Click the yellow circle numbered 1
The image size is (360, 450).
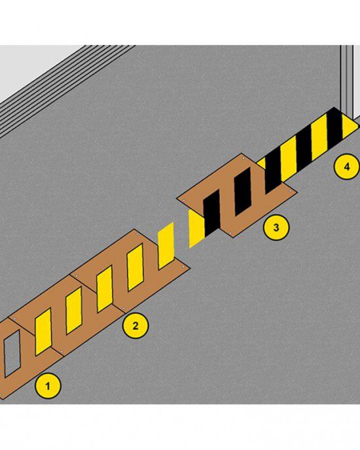point(48,385)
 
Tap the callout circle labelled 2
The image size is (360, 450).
point(135,326)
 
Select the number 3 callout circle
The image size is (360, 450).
point(276,228)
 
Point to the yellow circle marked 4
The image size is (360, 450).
point(346,166)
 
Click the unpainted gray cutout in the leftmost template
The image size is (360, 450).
point(12,353)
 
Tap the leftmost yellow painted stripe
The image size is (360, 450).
point(43,332)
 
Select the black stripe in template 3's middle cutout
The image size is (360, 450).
point(243,192)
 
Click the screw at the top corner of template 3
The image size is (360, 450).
point(243,158)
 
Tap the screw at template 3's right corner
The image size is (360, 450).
point(290,190)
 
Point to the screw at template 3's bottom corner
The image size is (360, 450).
point(230,233)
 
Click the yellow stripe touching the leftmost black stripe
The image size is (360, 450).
point(197,228)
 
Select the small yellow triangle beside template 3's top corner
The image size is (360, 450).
point(261,164)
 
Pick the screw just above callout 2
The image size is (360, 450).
point(124,309)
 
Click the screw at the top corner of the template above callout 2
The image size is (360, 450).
point(137,234)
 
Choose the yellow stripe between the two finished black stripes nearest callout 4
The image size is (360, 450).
point(319,137)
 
